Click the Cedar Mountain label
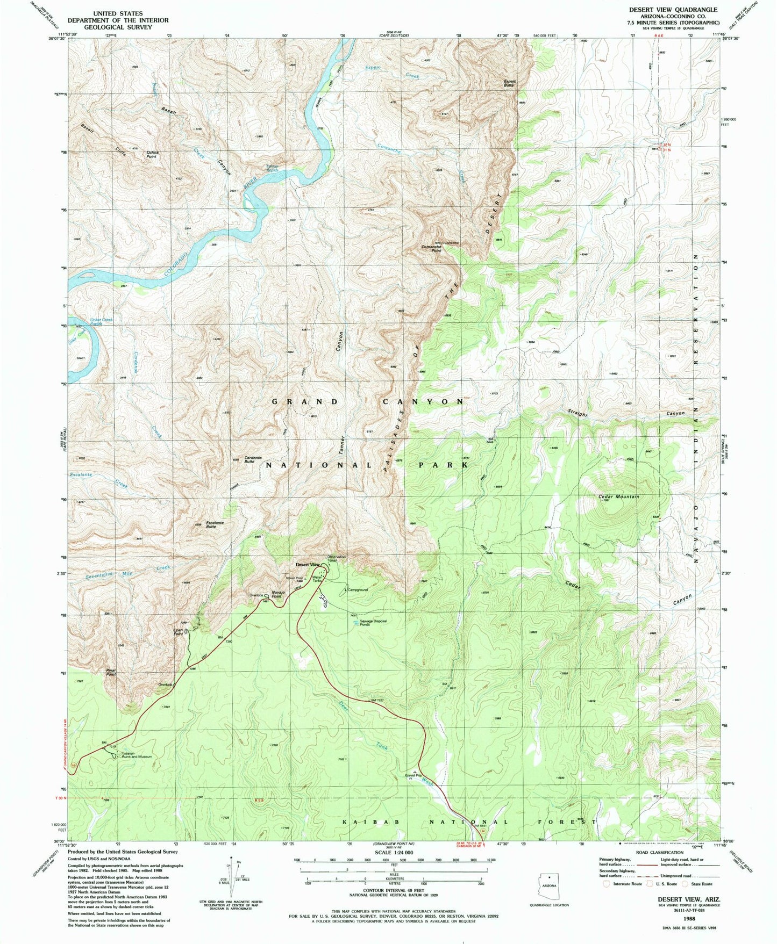[x=618, y=497]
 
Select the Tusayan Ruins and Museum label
[x=137, y=755]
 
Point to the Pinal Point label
[x=111, y=672]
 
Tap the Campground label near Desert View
[x=358, y=590]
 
